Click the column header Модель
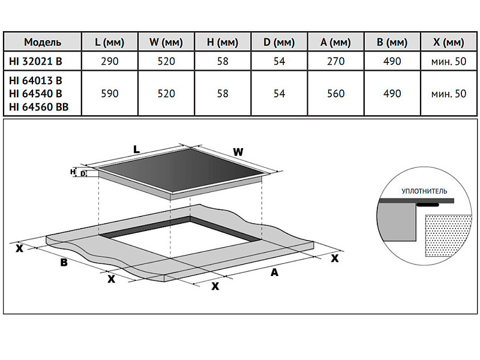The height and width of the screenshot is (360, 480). coord(42,42)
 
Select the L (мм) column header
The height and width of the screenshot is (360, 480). coord(110,42)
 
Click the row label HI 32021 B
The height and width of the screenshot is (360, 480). coord(35,61)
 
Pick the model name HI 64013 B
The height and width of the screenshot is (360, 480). coord(35,80)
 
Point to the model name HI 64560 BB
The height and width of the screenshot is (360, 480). coord(39,106)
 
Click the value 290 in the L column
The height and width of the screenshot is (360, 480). coord(110,61)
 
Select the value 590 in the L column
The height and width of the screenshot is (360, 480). coord(110,94)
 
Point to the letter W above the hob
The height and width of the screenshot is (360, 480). coord(238,152)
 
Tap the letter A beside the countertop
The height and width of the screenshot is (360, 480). coord(274,273)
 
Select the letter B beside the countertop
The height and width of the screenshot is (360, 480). coord(62,262)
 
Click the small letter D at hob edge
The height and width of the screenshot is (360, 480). coord(83,174)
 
